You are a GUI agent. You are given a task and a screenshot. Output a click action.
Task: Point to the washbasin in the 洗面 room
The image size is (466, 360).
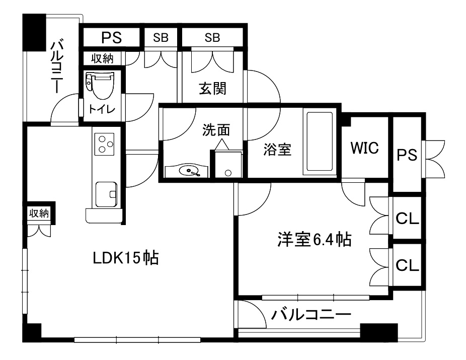click(x=189, y=172)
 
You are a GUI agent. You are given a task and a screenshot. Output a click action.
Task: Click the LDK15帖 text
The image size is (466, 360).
click(x=126, y=258)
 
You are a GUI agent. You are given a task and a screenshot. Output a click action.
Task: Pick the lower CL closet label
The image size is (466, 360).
click(x=407, y=265)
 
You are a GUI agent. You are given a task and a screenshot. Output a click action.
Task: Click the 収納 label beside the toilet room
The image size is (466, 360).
click(x=102, y=58)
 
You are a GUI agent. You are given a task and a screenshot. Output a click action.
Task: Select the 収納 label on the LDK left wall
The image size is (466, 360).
click(x=39, y=213)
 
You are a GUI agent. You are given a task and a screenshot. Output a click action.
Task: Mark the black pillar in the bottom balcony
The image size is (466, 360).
click(x=379, y=333)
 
